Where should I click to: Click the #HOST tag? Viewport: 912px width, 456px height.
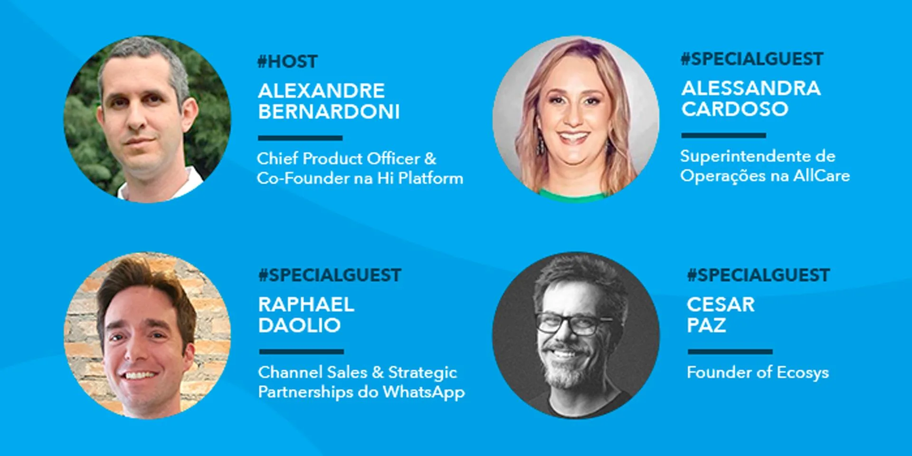pos(287,62)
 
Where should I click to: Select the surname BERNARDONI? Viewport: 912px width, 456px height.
pos(329,112)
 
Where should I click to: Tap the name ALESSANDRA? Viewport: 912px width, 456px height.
pos(751,88)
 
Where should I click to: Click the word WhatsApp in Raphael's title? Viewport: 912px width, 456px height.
pos(424,393)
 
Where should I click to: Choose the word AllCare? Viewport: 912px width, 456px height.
pos(822,176)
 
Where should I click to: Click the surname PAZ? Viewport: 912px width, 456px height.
pos(706,326)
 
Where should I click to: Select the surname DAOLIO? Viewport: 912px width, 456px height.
pos(300,326)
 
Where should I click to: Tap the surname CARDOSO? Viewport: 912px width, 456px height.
pos(735,109)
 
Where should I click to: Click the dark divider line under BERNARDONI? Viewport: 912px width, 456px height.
pos(300,138)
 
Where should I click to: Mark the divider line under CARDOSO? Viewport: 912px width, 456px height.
pos(723,136)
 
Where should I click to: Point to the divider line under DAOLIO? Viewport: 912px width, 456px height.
pos(302,352)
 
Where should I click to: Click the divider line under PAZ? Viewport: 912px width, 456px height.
pos(730,352)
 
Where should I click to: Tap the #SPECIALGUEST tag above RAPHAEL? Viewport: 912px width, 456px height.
pos(330,275)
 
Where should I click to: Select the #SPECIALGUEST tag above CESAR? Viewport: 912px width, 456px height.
pos(759,275)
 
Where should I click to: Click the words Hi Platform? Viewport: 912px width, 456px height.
pos(420,178)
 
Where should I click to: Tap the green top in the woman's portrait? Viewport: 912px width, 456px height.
pos(574,195)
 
